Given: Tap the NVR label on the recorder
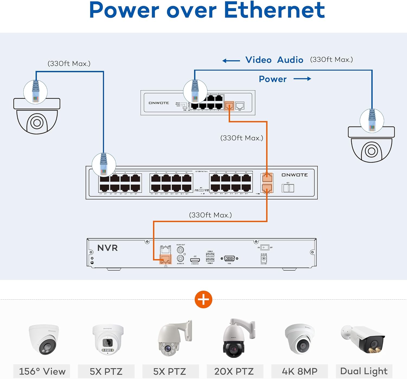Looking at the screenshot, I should point(107,248).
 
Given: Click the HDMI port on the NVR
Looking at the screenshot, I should point(195,260).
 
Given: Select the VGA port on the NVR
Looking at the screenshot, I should point(229,259).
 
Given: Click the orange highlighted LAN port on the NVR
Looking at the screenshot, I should point(165,259).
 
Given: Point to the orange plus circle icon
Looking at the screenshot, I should point(203,300).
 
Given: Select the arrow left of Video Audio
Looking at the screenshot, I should point(231,61).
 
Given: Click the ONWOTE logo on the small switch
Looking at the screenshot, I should point(159,103).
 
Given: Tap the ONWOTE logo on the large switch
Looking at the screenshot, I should point(294,175).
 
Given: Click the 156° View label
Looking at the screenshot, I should point(42,371).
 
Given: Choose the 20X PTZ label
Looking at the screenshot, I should point(234,371).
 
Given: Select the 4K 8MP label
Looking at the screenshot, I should point(300,371).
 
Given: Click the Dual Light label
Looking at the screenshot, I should point(364,371).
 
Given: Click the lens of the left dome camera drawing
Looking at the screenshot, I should point(37,123).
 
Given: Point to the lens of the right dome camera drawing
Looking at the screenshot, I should point(371,151).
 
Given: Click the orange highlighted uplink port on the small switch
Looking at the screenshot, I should point(229,105).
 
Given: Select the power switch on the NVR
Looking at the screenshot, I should point(265,248).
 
